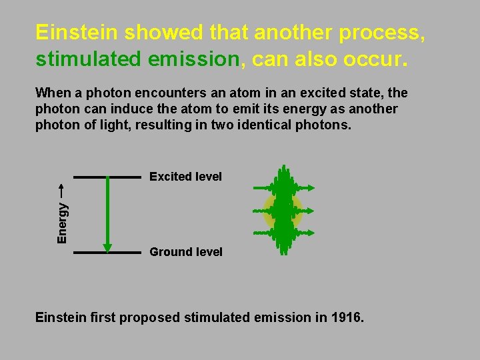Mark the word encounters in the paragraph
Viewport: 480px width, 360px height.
click(148, 93)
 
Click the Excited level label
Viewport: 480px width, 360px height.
click(185, 177)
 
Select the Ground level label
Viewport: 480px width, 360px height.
click(186, 252)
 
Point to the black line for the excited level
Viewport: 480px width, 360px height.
click(107, 177)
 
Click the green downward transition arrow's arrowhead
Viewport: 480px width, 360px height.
click(107, 248)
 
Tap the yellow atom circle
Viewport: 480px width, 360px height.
click(283, 211)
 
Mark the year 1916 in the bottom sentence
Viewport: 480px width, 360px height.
click(346, 317)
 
